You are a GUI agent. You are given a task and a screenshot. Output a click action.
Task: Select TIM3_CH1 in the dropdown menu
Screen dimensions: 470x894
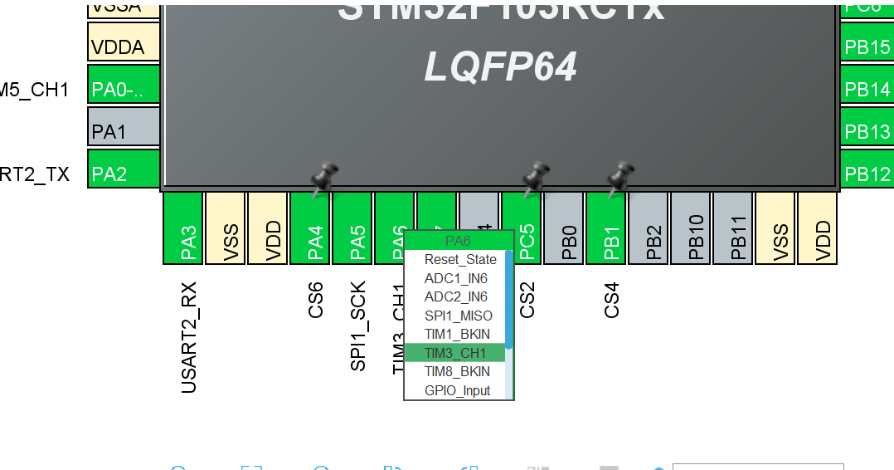[x=456, y=353]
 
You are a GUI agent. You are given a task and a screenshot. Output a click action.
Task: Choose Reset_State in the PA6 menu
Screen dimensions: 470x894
[x=459, y=259]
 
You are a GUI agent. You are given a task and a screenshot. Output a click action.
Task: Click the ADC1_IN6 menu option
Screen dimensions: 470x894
[x=456, y=278]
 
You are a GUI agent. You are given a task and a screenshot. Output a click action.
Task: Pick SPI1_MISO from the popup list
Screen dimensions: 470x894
[x=458, y=316]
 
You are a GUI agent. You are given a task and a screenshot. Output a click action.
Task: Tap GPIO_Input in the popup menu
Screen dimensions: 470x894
[x=457, y=390]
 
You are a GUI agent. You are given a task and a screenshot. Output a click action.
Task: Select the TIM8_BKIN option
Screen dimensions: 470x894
[x=457, y=371]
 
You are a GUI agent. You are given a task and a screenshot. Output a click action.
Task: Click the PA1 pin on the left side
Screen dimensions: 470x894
[x=124, y=130]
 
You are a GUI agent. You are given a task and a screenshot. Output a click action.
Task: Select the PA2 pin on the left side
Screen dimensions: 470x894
[x=124, y=174]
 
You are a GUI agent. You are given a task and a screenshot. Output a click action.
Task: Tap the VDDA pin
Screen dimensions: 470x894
[x=124, y=46]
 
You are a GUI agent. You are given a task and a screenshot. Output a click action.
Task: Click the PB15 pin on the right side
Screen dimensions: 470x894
[x=867, y=47]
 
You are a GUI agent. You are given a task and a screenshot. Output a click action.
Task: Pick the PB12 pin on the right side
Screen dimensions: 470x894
[x=867, y=174]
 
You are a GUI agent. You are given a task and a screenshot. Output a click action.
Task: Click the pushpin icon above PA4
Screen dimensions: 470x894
[x=323, y=177]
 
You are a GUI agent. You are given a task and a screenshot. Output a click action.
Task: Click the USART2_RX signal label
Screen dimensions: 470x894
[x=188, y=336]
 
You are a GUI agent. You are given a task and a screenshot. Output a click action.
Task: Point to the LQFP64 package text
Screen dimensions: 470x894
[x=500, y=66]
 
